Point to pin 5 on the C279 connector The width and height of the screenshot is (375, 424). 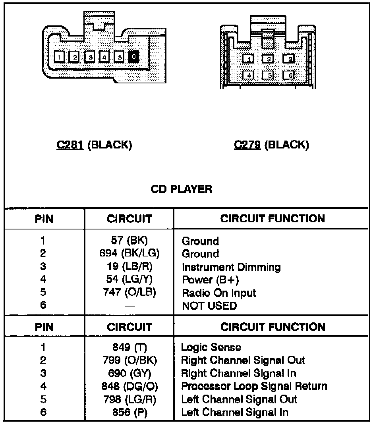pos(268,75)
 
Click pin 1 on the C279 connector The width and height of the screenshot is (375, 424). pos(247,59)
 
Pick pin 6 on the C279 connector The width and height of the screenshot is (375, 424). pos(288,75)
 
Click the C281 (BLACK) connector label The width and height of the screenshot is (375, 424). pos(94,145)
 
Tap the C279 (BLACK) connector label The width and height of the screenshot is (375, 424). pos(271,145)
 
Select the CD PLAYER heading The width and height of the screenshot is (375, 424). pos(181,189)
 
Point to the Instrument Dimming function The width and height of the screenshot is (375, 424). pos(231,267)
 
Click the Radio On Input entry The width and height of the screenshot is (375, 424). pos(219,293)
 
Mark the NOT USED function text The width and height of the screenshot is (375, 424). pos(209,306)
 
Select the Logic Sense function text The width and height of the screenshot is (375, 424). pos(211,347)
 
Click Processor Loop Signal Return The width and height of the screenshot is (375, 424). pos(254,386)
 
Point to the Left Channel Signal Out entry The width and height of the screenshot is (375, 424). pos(239,399)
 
